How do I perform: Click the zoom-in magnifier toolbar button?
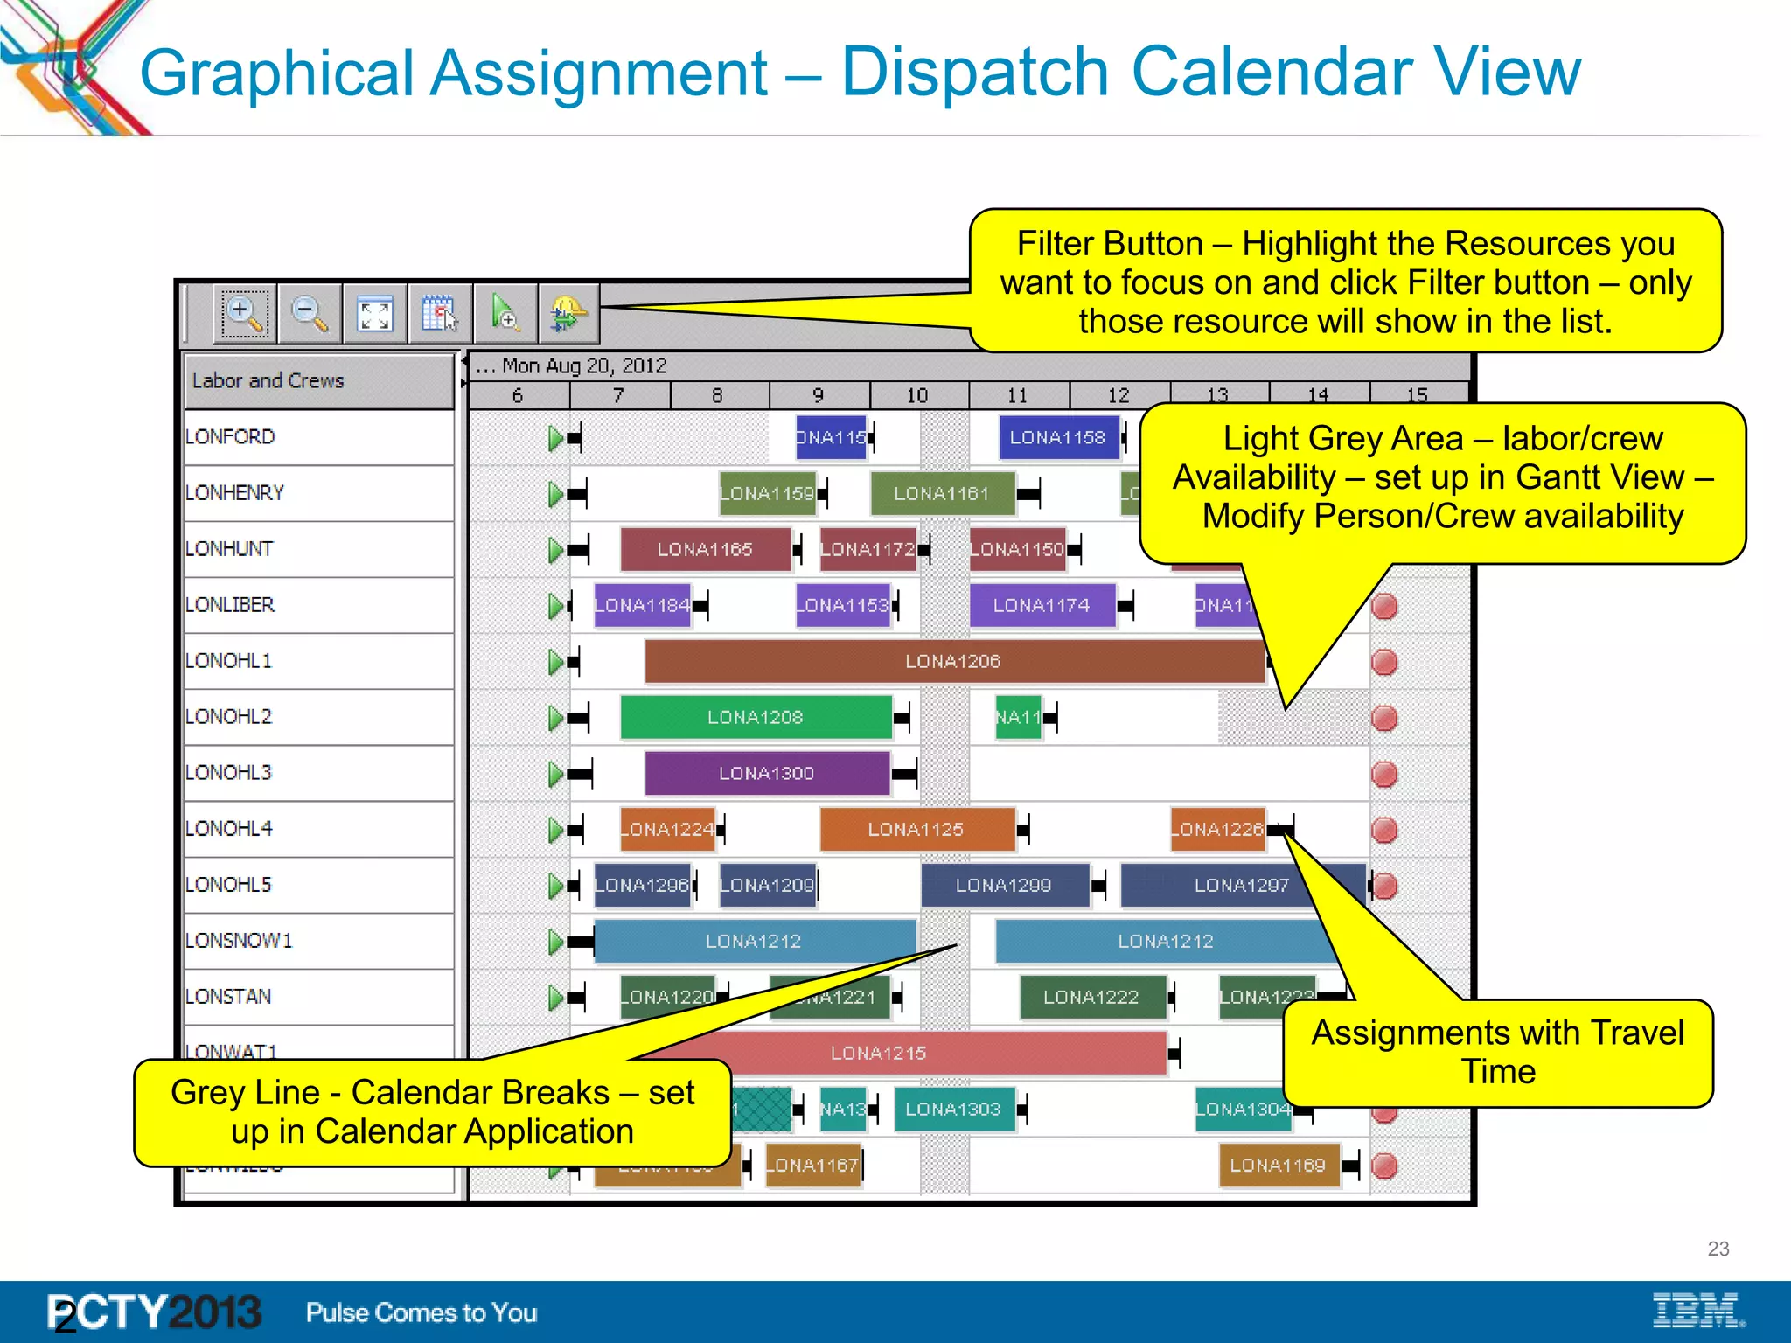244,313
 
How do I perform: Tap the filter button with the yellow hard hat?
568,313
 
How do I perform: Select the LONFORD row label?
230,436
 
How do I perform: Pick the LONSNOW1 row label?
239,941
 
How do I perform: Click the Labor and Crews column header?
268,380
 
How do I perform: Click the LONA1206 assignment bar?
953,661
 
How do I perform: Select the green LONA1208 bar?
756,717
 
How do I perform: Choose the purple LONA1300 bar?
767,773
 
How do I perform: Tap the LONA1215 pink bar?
878,1053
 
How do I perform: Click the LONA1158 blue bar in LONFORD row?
1058,437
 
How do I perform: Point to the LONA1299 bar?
1004,885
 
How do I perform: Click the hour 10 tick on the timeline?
916,395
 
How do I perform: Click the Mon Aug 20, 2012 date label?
584,365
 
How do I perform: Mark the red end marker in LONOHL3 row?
1384,774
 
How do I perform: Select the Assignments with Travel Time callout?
1497,1052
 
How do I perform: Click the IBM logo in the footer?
1697,1310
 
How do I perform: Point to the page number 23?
1718,1249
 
